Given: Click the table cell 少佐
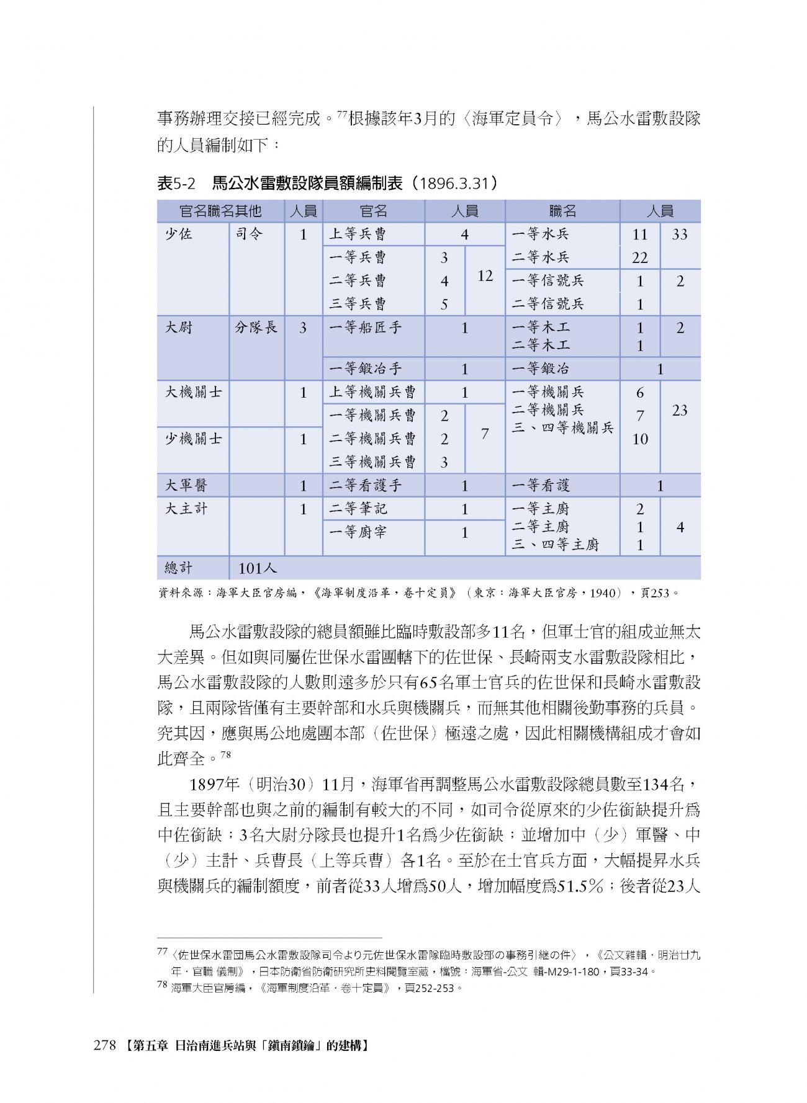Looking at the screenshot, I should [178, 234].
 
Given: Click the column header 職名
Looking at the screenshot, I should [562, 211].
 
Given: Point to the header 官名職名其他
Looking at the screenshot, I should [220, 211].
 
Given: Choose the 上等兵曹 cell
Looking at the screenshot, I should [358, 234].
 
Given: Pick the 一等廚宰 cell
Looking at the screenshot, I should [358, 532].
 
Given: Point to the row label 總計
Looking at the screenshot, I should [179, 568].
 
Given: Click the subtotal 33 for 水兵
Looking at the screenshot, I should [680, 234].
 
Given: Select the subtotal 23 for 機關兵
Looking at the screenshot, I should [680, 410].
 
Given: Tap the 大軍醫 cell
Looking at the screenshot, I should [186, 486].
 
